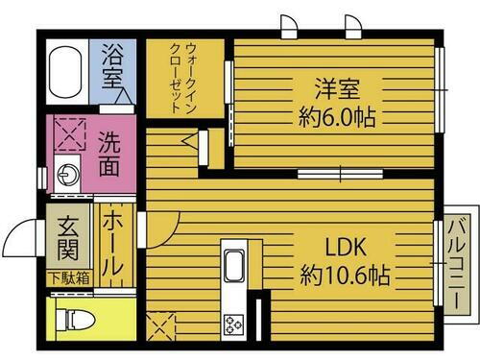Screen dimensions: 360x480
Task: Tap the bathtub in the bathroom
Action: click(x=64, y=69)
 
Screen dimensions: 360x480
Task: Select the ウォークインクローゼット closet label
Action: click(x=183, y=78)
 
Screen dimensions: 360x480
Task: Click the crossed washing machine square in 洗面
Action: click(x=68, y=132)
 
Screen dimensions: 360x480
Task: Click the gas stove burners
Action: click(x=234, y=324)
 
